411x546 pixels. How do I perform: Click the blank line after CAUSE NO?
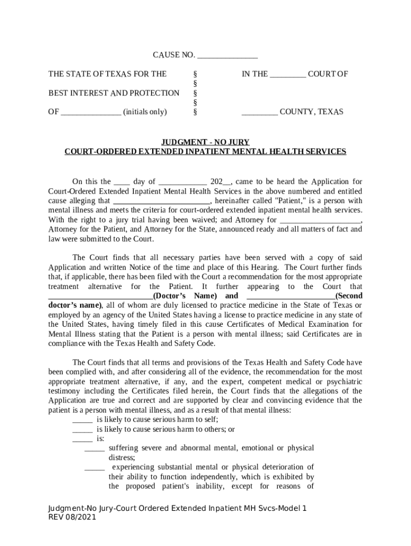[227, 56]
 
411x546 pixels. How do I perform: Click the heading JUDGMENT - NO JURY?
[205, 142]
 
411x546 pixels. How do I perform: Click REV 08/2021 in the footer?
[72, 518]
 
